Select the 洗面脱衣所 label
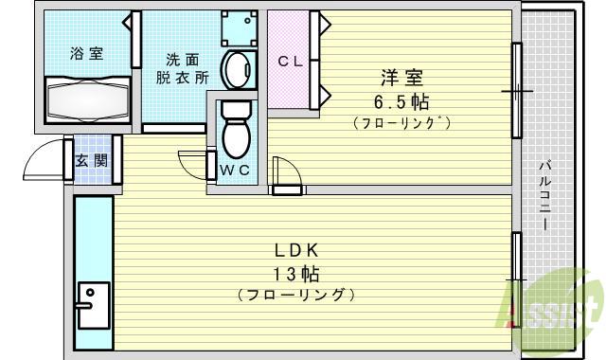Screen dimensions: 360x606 (182, 69)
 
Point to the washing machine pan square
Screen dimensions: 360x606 (240, 28)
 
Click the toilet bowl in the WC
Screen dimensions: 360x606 (234, 132)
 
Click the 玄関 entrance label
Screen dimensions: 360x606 (92, 161)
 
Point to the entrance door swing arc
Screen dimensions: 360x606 (43, 158)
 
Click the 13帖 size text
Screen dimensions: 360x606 (297, 275)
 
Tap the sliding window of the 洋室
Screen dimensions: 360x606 (517, 91)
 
